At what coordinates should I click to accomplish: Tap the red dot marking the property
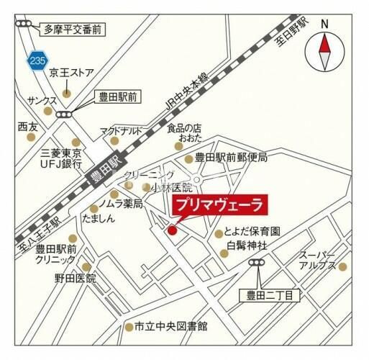click(172, 230)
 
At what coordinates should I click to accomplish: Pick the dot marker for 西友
click(31, 137)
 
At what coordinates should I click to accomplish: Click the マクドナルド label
click(121, 130)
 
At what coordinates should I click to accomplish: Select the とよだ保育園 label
click(256, 233)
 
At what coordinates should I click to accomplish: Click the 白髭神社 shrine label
click(247, 246)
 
